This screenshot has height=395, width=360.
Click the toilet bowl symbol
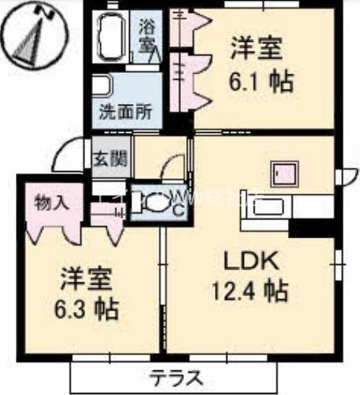tap(154, 204)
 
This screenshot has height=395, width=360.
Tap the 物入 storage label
tap(52, 202)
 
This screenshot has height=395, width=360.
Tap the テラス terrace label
tap(176, 377)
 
